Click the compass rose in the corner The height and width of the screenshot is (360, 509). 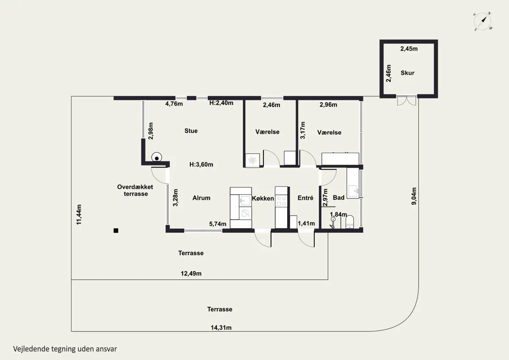(x=482, y=22)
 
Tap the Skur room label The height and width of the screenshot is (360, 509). (x=408, y=73)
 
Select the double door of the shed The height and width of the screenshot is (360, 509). (x=407, y=100)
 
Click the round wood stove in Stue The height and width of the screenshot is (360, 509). (x=157, y=157)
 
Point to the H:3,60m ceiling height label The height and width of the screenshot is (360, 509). (x=201, y=164)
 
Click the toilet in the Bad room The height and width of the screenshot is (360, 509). (x=350, y=222)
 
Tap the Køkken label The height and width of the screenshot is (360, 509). (x=263, y=198)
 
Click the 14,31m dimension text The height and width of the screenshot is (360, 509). (x=221, y=328)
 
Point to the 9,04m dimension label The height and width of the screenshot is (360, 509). (x=414, y=196)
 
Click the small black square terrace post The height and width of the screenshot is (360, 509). (x=116, y=231)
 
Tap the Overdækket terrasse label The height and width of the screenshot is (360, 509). (x=135, y=190)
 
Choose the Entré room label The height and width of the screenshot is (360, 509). (x=305, y=198)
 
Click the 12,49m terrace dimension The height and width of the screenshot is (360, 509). (x=191, y=273)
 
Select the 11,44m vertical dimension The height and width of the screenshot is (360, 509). (x=79, y=214)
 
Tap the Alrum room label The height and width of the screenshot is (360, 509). (x=201, y=198)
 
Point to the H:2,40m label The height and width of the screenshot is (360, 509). (x=221, y=103)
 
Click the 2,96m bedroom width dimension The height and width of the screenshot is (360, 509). (x=328, y=105)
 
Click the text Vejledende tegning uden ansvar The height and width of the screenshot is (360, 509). (x=65, y=349)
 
